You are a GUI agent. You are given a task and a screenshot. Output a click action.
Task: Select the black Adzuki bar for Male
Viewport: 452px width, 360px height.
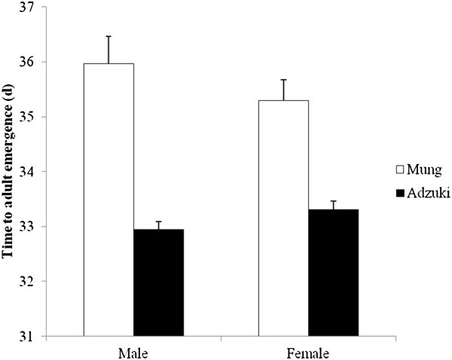pos(158,282)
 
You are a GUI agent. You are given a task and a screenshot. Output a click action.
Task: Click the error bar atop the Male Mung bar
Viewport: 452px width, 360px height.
pos(108,50)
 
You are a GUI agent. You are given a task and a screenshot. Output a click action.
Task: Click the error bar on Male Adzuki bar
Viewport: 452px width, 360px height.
pos(158,225)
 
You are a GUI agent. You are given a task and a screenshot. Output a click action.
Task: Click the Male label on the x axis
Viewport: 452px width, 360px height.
pos(133,352)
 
